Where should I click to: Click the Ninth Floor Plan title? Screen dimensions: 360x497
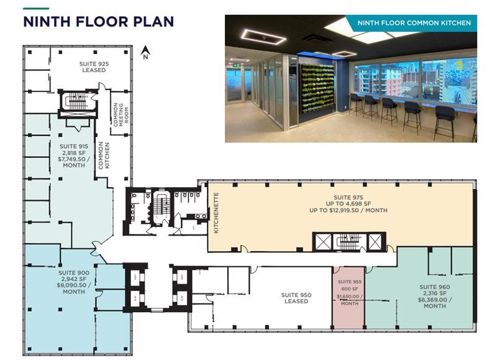[x=98, y=22]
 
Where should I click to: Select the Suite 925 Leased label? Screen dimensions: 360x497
[x=92, y=67]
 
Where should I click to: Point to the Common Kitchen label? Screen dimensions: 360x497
[x=103, y=154]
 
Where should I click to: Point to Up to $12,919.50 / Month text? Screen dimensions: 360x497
[x=348, y=210]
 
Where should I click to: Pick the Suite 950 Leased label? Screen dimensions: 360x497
[x=296, y=298]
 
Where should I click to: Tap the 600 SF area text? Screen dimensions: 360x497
[x=349, y=289]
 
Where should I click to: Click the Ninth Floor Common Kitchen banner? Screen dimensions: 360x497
[x=413, y=23]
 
